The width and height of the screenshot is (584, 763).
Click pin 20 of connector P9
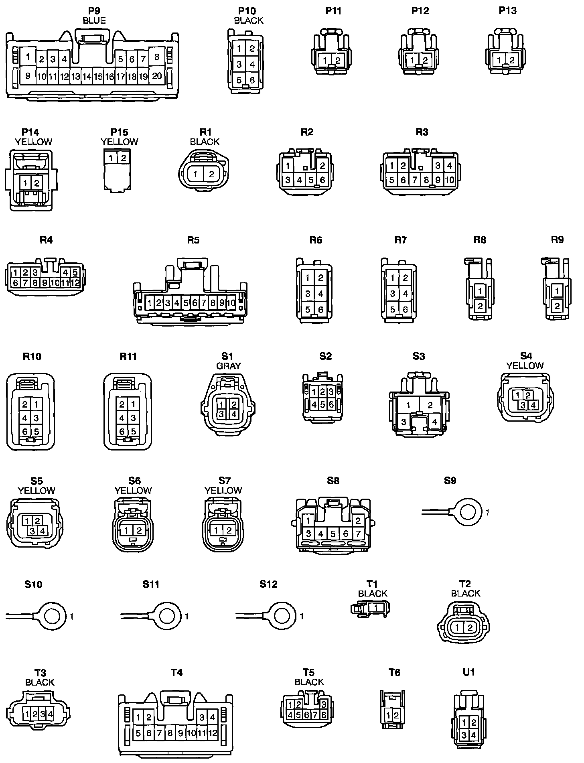157,76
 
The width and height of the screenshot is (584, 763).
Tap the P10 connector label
247,11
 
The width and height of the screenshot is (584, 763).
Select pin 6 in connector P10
252,80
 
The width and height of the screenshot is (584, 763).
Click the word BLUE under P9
94,20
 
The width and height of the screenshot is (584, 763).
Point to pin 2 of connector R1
212,174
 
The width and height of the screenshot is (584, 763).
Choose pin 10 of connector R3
450,180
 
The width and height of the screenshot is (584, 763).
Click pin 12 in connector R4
75,283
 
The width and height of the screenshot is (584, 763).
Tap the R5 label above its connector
193,240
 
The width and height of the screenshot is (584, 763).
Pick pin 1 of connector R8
480,290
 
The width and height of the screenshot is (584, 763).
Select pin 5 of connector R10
36,432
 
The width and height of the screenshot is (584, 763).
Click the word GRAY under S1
229,366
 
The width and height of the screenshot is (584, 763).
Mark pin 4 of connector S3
435,422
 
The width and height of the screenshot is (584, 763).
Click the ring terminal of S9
467,512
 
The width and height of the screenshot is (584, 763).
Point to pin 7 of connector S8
358,534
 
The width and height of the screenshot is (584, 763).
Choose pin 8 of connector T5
324,714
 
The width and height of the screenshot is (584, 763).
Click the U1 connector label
468,672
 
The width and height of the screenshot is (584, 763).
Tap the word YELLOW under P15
120,142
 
